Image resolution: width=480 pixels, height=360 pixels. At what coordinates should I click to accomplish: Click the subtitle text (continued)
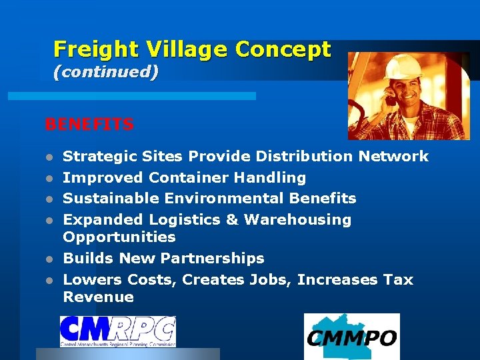coord(105,72)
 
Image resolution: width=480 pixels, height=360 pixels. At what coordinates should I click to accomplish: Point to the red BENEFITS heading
coord(89,125)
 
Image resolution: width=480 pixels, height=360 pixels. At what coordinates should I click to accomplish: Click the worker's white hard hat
coord(403,66)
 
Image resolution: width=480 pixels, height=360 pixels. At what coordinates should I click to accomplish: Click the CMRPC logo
coord(117,331)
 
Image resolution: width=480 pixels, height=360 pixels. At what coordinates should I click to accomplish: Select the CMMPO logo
coord(351,337)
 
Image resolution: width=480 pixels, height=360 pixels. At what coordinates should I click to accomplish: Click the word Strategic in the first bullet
coord(100,157)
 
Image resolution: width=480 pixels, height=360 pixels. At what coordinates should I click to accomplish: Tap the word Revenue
coord(98,297)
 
